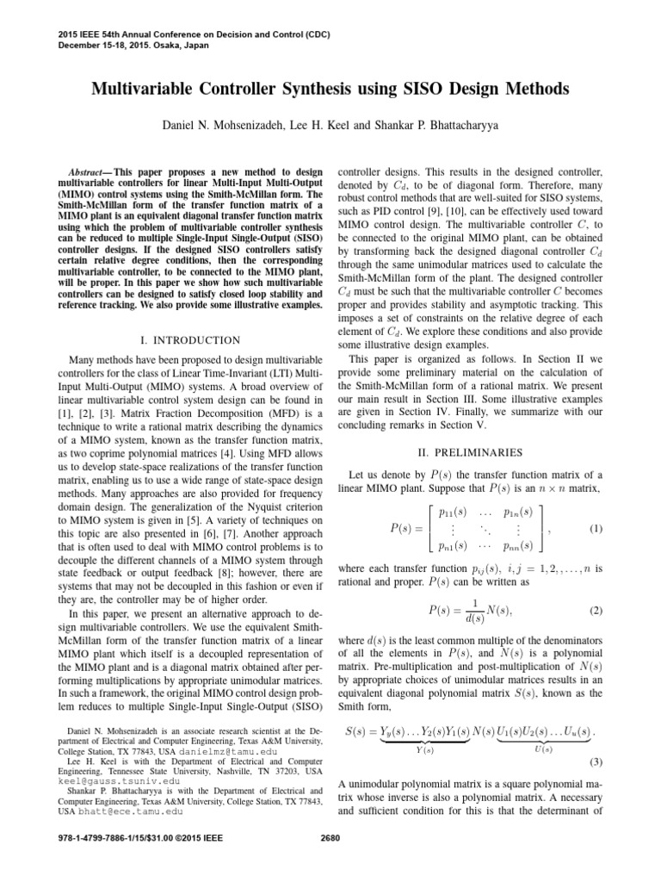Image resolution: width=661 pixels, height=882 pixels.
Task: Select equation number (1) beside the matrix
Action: pos(596,527)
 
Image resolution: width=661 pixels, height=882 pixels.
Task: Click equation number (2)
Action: pos(596,610)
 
